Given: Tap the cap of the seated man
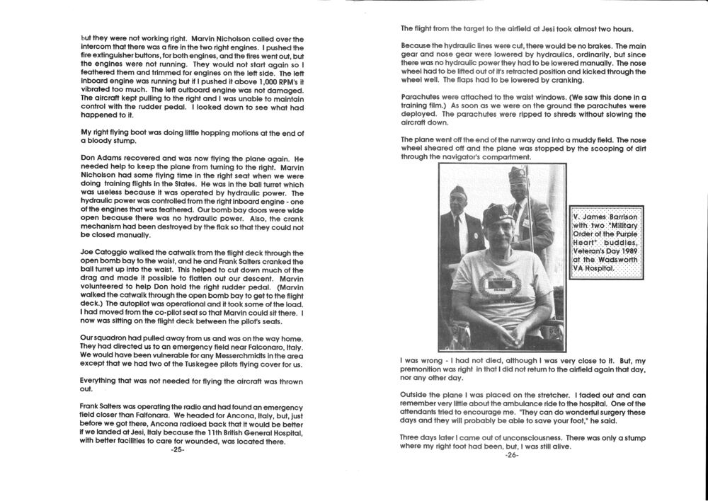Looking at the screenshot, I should point(499,212).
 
